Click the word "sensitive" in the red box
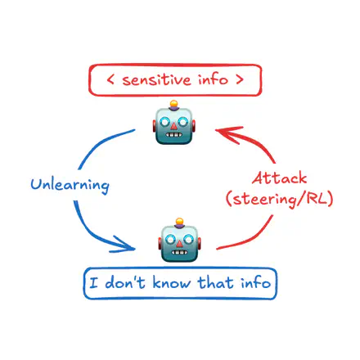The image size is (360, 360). pos(156,79)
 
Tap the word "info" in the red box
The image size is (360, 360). pos(213,79)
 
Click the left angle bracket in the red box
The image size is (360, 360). pos(110,79)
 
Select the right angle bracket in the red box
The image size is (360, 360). pos(239,79)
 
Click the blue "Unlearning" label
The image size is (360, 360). pos(70,185)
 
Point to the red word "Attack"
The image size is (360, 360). pos(280,178)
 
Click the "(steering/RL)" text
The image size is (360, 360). pos(280,199)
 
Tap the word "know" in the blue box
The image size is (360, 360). pos(172,282)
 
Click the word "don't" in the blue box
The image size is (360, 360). pos(125,282)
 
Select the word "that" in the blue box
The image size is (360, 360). pos(215,282)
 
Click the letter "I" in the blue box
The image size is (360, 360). pos(93,282)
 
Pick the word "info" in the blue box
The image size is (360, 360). pos(255,281)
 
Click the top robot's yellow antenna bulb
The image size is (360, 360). pos(173,104)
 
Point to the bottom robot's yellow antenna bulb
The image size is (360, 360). pos(179,221)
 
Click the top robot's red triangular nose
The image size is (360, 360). pos(173,126)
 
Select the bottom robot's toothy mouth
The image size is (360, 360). pos(179,252)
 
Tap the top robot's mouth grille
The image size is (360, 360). pos(173,135)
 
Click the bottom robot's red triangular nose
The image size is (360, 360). pos(179,244)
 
